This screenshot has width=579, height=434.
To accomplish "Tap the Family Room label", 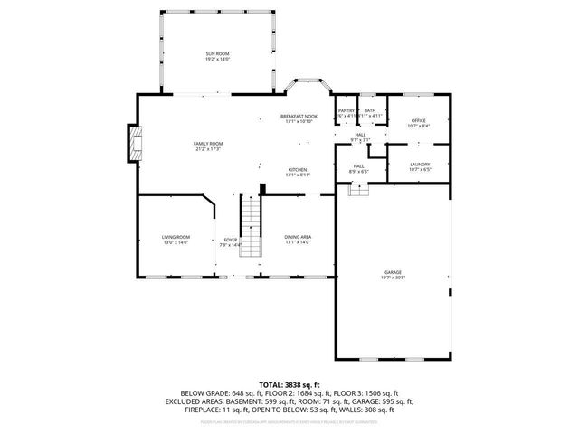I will [208, 144].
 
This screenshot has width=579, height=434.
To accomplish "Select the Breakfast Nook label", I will [299, 117].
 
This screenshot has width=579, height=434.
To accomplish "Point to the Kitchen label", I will [298, 170].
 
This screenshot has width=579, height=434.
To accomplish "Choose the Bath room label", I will [370, 110].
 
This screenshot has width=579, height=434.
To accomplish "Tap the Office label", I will [418, 120].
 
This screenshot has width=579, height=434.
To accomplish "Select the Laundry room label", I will [419, 165].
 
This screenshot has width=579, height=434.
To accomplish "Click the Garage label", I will [392, 272].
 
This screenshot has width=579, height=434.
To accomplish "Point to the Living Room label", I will [176, 237].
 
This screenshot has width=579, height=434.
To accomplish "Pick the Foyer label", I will [231, 240].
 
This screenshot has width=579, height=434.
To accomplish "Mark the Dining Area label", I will [298, 237].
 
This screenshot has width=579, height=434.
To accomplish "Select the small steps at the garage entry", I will [359, 189].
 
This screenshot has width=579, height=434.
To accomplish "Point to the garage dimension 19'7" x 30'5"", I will [392, 278].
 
